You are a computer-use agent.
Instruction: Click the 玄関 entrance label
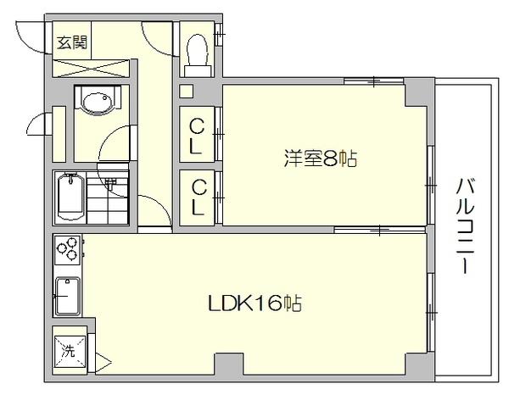click(72, 42)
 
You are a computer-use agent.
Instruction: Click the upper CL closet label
click(196, 136)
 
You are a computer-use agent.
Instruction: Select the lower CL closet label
click(196, 197)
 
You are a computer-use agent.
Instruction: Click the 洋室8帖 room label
click(319, 158)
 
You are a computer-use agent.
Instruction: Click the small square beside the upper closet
click(187, 91)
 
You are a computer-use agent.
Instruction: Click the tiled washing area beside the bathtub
click(108, 199)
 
